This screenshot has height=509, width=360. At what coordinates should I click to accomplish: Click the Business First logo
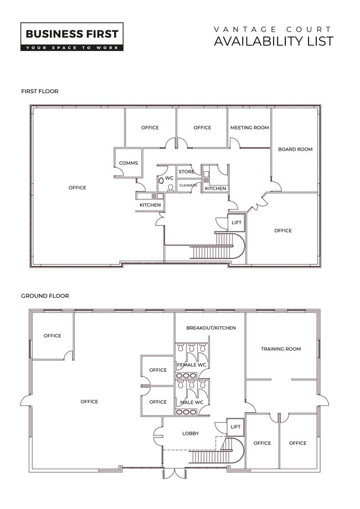[x=72, y=37]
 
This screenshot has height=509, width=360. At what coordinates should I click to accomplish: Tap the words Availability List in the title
[x=274, y=42]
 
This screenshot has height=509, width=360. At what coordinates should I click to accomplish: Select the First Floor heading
[x=40, y=91]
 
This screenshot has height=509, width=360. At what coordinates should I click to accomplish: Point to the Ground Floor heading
[x=45, y=296]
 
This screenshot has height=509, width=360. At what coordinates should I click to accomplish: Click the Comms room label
[x=128, y=163]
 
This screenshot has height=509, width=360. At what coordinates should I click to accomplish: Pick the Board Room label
[x=295, y=150]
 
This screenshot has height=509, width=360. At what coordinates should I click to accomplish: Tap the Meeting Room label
[x=250, y=127]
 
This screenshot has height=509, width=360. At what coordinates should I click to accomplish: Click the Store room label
[x=186, y=171]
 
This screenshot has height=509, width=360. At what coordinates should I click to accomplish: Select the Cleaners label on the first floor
[x=188, y=186]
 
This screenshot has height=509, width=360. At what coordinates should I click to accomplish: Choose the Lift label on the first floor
[x=236, y=222]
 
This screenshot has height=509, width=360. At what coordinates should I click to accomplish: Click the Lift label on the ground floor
[x=235, y=426]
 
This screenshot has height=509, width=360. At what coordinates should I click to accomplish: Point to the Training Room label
[x=281, y=349]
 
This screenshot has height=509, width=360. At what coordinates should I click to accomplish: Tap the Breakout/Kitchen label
[x=211, y=328]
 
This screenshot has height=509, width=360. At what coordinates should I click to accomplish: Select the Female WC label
[x=192, y=365]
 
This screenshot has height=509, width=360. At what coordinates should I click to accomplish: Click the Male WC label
[x=192, y=403]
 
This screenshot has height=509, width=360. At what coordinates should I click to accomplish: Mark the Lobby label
[x=191, y=433]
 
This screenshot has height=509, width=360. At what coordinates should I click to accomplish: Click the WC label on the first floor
[x=169, y=178]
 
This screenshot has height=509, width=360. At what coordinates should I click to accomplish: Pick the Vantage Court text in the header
[x=272, y=29]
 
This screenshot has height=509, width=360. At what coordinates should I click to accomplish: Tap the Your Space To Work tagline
[x=72, y=48]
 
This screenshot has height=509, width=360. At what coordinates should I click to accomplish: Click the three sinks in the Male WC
[x=186, y=412]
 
